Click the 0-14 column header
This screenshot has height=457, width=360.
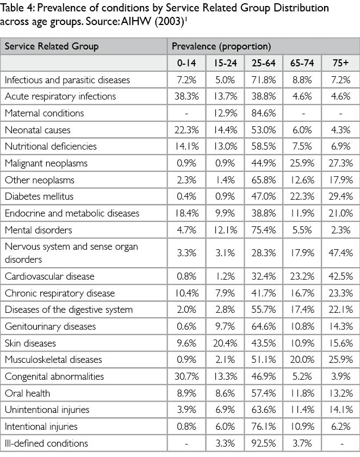point(187,63)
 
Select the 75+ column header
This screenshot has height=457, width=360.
point(340,63)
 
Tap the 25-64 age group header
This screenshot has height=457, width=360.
point(263,63)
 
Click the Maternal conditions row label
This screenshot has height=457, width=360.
point(45,113)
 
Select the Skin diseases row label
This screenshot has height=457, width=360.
point(30,343)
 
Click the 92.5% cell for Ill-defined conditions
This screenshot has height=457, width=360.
point(263,443)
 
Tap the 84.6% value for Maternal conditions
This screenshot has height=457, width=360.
point(263,113)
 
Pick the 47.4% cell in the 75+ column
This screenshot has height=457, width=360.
point(340,252)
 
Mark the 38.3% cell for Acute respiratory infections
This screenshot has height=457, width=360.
point(187,96)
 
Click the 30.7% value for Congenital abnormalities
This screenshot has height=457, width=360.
point(187,376)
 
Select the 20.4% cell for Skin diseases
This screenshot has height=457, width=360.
point(225,343)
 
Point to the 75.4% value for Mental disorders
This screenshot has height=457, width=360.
point(263,230)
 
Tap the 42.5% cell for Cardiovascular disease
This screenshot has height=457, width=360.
point(340,277)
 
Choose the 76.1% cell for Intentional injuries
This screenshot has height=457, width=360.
point(263,427)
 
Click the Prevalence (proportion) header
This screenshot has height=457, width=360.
point(221,46)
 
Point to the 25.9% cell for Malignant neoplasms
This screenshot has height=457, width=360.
point(302,163)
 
